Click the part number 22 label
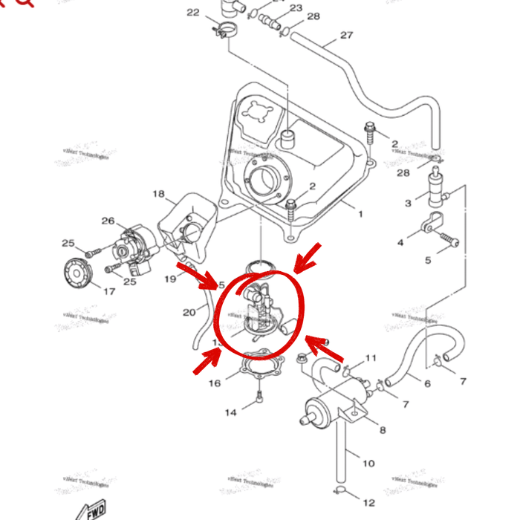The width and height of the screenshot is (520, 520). [x=193, y=13]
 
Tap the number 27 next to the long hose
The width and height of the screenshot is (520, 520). [x=346, y=35]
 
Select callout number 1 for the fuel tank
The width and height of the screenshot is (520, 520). [x=361, y=214]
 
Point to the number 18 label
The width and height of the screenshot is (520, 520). [x=158, y=195]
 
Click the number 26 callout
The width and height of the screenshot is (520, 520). [x=108, y=221]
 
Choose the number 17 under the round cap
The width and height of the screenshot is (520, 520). [x=108, y=292]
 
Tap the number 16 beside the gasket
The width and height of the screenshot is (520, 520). [x=215, y=383]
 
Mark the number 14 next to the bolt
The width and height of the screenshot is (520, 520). [x=231, y=412]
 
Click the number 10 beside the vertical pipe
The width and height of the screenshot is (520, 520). [x=368, y=464]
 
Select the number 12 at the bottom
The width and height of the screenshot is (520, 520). [x=369, y=503]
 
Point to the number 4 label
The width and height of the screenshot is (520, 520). [x=400, y=242]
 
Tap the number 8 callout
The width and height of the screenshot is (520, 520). [x=383, y=429]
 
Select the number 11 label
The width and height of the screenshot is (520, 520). [x=371, y=359]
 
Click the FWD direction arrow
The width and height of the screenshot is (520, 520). [x=91, y=510]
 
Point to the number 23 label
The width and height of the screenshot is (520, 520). [x=296, y=7]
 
